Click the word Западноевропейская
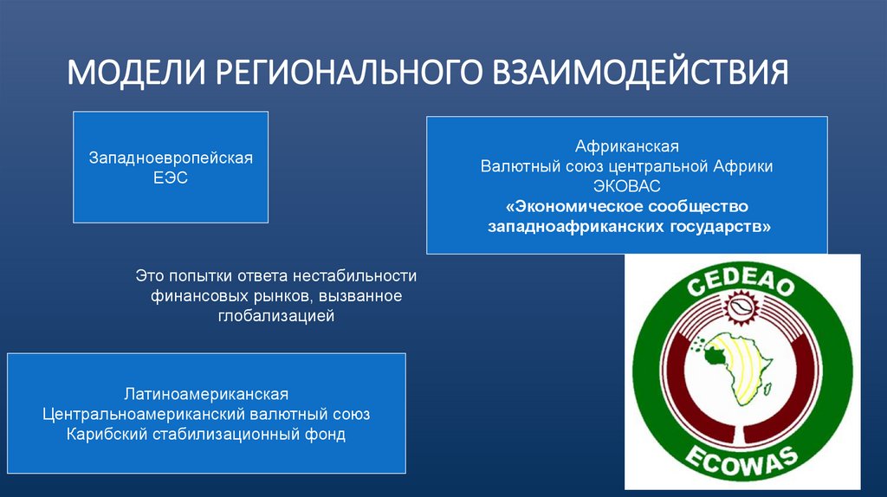171,158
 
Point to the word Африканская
626,145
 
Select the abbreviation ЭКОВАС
626,186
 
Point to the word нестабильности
354,276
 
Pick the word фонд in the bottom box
327,435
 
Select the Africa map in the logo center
739,369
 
